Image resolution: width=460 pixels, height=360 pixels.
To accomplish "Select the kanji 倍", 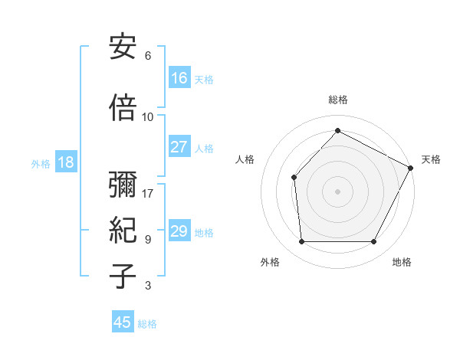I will (x=123, y=109).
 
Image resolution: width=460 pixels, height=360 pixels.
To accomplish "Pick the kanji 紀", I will (x=123, y=231).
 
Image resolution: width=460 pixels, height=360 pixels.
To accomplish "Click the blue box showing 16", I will (x=179, y=78).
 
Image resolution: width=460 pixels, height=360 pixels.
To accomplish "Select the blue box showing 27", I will (x=179, y=147).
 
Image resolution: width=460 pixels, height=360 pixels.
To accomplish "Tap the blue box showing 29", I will (x=179, y=231).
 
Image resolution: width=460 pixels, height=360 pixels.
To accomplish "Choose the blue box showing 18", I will (x=65, y=162).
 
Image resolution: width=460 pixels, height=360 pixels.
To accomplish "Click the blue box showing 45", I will (x=123, y=322).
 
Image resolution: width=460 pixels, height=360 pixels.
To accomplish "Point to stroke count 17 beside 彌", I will (x=148, y=193).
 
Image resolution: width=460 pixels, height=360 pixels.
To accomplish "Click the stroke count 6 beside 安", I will (x=148, y=55).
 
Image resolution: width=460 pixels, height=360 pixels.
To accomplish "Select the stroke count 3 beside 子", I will (x=148, y=286).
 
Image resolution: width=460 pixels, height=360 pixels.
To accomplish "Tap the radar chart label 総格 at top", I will (x=338, y=100).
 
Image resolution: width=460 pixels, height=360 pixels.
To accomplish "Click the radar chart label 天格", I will (x=431, y=159).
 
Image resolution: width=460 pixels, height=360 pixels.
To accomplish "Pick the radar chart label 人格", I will (x=245, y=159).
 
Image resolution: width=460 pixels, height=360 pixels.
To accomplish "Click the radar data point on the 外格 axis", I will (x=301, y=242).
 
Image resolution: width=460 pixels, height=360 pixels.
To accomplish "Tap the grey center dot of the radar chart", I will (x=338, y=191).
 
